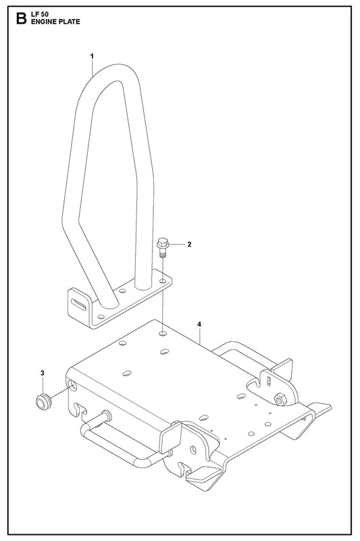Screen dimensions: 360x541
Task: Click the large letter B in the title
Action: click(21, 19)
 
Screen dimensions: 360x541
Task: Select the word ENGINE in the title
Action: click(43, 22)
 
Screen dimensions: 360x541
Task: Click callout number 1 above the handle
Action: click(92, 56)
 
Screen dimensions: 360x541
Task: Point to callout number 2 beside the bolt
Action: click(189, 244)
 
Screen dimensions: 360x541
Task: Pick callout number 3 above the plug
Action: click(43, 373)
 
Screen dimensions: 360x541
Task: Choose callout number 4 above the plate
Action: click(199, 324)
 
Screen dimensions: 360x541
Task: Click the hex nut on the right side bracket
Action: click(278, 399)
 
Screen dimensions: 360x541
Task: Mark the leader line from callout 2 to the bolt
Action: click(177, 244)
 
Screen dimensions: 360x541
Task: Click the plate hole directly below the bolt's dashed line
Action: click(163, 334)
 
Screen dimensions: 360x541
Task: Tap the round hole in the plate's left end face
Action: click(73, 384)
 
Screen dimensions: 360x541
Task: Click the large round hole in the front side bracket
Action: click(193, 450)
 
